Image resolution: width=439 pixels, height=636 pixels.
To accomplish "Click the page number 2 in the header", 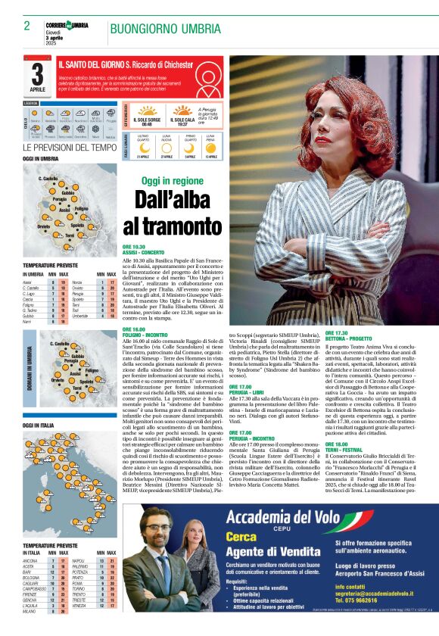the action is click(26, 26).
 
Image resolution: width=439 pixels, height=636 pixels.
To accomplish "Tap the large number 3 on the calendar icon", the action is click(37, 75).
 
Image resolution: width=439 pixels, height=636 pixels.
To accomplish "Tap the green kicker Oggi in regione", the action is click(172, 181).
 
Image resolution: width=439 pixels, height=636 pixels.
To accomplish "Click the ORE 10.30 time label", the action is click(134, 247).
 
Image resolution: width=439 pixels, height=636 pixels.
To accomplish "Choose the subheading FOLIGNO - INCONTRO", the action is click(146, 334).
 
